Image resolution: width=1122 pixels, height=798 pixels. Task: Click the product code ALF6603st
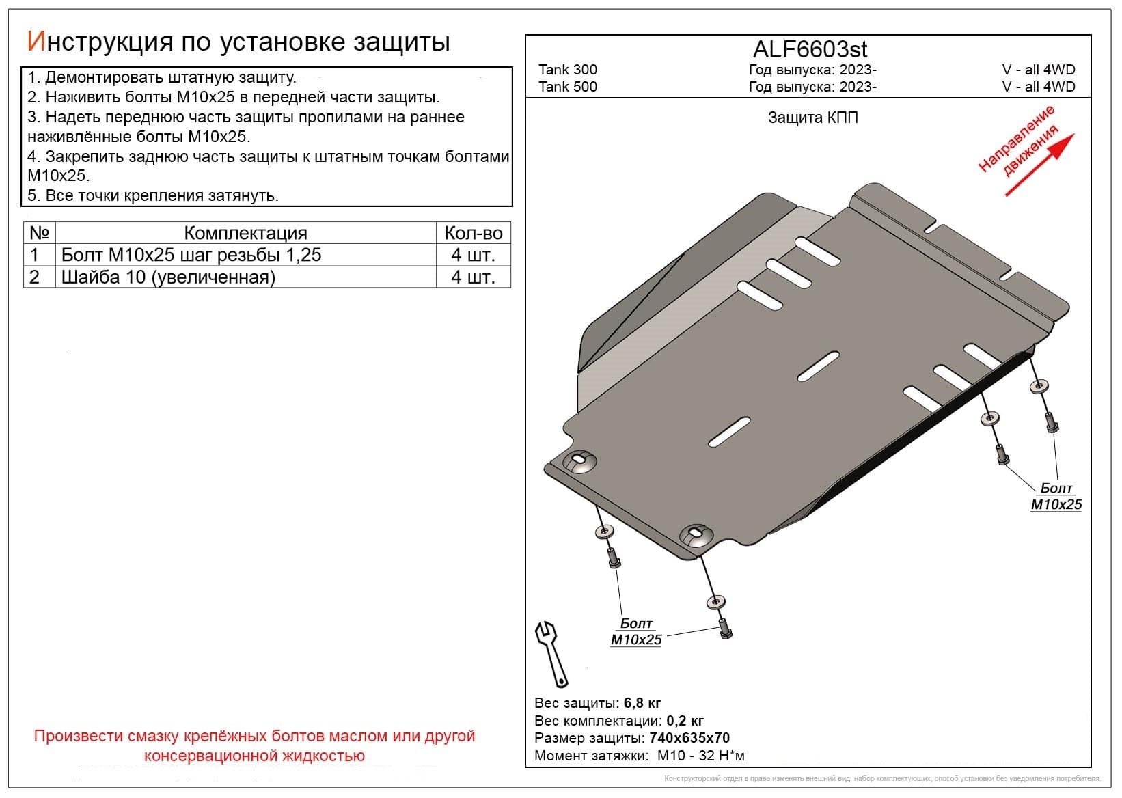[810, 49]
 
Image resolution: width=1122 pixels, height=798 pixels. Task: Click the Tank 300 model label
[567, 70]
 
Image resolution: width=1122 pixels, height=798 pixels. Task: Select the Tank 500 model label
[567, 87]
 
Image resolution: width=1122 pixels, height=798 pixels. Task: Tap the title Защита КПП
[812, 118]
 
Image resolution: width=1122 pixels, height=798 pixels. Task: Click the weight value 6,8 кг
[642, 703]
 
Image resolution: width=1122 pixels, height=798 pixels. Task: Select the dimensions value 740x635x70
[689, 738]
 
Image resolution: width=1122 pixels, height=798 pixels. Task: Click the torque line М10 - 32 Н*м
[700, 756]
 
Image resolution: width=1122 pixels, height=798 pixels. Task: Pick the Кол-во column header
[473, 233]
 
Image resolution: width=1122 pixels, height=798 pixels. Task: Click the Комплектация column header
[245, 233]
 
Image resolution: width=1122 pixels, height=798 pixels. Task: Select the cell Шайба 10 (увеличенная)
[168, 277]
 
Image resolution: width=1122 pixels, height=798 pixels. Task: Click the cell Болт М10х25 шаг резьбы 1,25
[191, 255]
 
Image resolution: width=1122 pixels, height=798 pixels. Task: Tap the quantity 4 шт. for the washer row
[473, 277]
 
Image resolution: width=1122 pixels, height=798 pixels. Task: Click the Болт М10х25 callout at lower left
[636, 632]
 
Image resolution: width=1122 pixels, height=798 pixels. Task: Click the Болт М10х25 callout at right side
[1056, 497]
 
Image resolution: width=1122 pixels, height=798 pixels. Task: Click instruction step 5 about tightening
[153, 195]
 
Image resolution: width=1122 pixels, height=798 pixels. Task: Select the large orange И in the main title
[35, 42]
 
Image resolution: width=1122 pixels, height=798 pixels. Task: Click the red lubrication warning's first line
[254, 737]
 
